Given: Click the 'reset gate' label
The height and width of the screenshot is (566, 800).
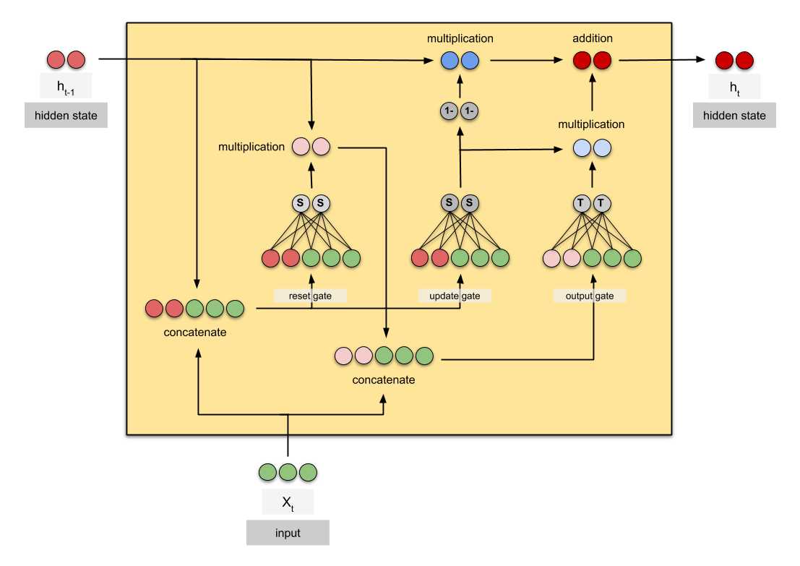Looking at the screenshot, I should [310, 296].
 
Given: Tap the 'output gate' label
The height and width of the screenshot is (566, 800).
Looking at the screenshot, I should [590, 296].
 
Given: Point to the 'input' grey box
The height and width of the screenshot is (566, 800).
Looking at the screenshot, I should [288, 533].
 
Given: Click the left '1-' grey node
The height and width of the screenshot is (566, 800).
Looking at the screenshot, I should [449, 111].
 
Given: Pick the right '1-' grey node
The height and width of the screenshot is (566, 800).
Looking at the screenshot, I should [470, 111].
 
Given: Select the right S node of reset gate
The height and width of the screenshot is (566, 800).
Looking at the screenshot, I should [321, 204].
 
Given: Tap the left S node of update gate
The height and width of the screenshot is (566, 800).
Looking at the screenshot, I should [449, 204].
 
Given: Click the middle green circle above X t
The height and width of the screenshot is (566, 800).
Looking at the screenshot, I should [288, 473].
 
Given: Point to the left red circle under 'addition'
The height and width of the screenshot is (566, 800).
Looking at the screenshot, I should [582, 60].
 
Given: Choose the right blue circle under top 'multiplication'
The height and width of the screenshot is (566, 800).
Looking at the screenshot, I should [470, 60].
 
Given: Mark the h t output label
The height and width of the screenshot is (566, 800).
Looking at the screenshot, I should [735, 87].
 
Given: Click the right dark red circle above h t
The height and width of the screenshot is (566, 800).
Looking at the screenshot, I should [745, 60].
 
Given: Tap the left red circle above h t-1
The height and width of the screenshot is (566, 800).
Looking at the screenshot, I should [56, 60].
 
